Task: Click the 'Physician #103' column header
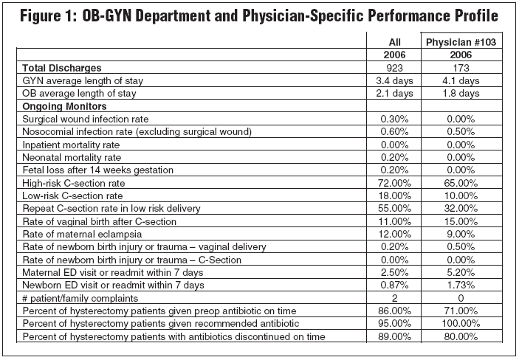[461, 42]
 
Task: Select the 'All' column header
[394, 42]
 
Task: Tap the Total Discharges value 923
[394, 68]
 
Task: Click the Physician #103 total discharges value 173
[461, 68]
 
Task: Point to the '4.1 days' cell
[461, 80]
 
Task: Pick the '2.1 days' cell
[394, 93]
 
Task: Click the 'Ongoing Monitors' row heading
[64, 106]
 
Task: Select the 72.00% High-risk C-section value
[394, 183]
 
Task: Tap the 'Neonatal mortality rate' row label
[72, 158]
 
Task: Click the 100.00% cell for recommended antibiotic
[461, 323]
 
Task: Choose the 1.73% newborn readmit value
[461, 285]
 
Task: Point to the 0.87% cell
[394, 285]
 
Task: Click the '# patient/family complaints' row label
[80, 298]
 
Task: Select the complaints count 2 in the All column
[394, 298]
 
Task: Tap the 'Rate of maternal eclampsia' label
[82, 235]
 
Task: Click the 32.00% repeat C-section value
[461, 209]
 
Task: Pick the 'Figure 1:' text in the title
[48, 15]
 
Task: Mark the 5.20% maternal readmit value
[461, 272]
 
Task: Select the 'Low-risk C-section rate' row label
[72, 196]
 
